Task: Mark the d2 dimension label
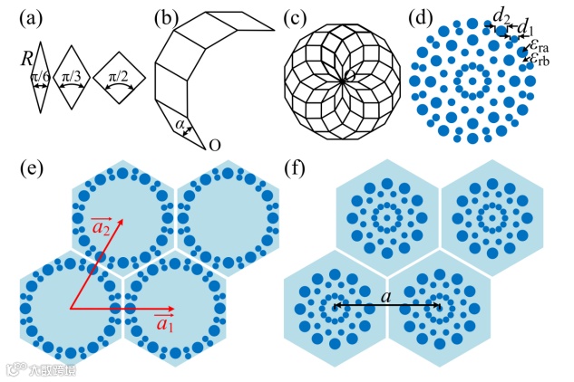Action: click(x=500, y=14)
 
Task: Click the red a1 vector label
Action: click(x=165, y=322)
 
